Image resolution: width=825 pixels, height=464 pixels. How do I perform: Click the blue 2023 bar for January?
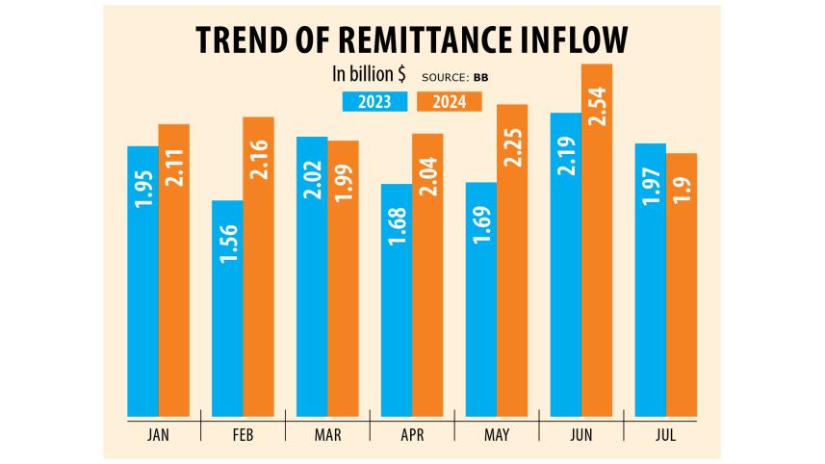pyautogui.click(x=142, y=279)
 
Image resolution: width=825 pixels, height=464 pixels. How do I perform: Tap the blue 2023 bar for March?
pyautogui.click(x=311, y=274)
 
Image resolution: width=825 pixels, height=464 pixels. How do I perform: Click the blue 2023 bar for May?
pyautogui.click(x=480, y=297)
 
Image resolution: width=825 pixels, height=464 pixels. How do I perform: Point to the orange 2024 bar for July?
pyautogui.click(x=682, y=283)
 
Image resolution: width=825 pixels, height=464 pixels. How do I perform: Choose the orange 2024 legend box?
pyautogui.click(x=449, y=100)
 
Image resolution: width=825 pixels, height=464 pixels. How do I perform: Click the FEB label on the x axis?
pyautogui.click(x=243, y=435)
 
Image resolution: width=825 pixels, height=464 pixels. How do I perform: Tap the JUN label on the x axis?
pyautogui.click(x=580, y=435)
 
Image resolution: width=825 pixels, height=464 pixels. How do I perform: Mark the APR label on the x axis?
pyautogui.click(x=411, y=435)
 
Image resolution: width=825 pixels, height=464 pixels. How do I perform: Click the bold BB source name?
pyautogui.click(x=479, y=76)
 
